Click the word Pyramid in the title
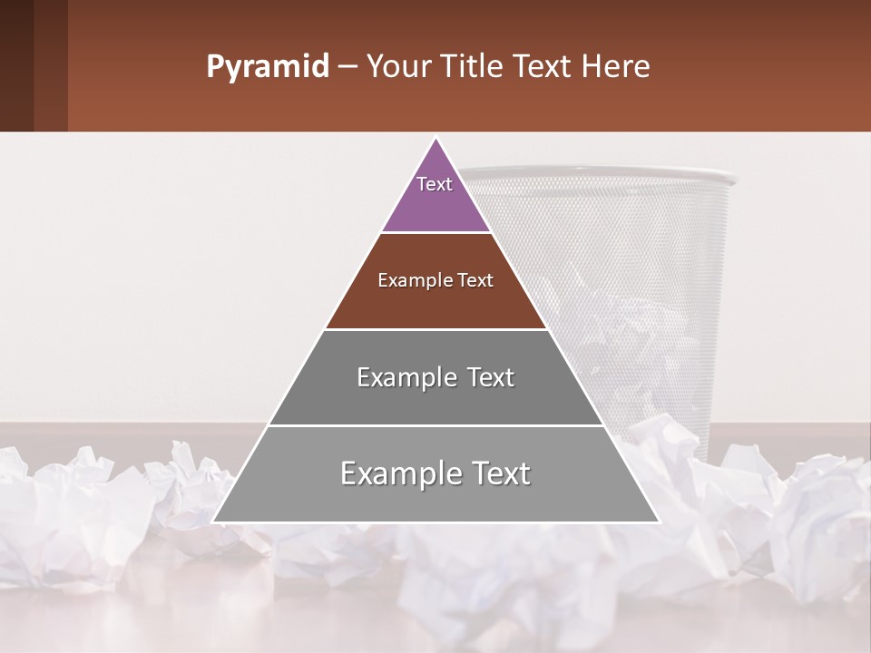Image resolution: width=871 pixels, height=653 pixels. (267, 67)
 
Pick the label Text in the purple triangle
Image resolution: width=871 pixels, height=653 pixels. (435, 184)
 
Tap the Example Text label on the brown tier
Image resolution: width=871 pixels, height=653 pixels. (435, 280)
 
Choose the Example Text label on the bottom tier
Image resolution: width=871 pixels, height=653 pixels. (435, 473)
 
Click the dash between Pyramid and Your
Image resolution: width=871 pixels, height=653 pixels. (347, 67)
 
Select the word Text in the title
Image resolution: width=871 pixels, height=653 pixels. (544, 67)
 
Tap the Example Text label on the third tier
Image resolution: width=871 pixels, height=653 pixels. (435, 377)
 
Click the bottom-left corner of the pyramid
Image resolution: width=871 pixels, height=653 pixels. (214, 521)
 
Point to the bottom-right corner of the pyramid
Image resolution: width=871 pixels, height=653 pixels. (658, 521)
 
